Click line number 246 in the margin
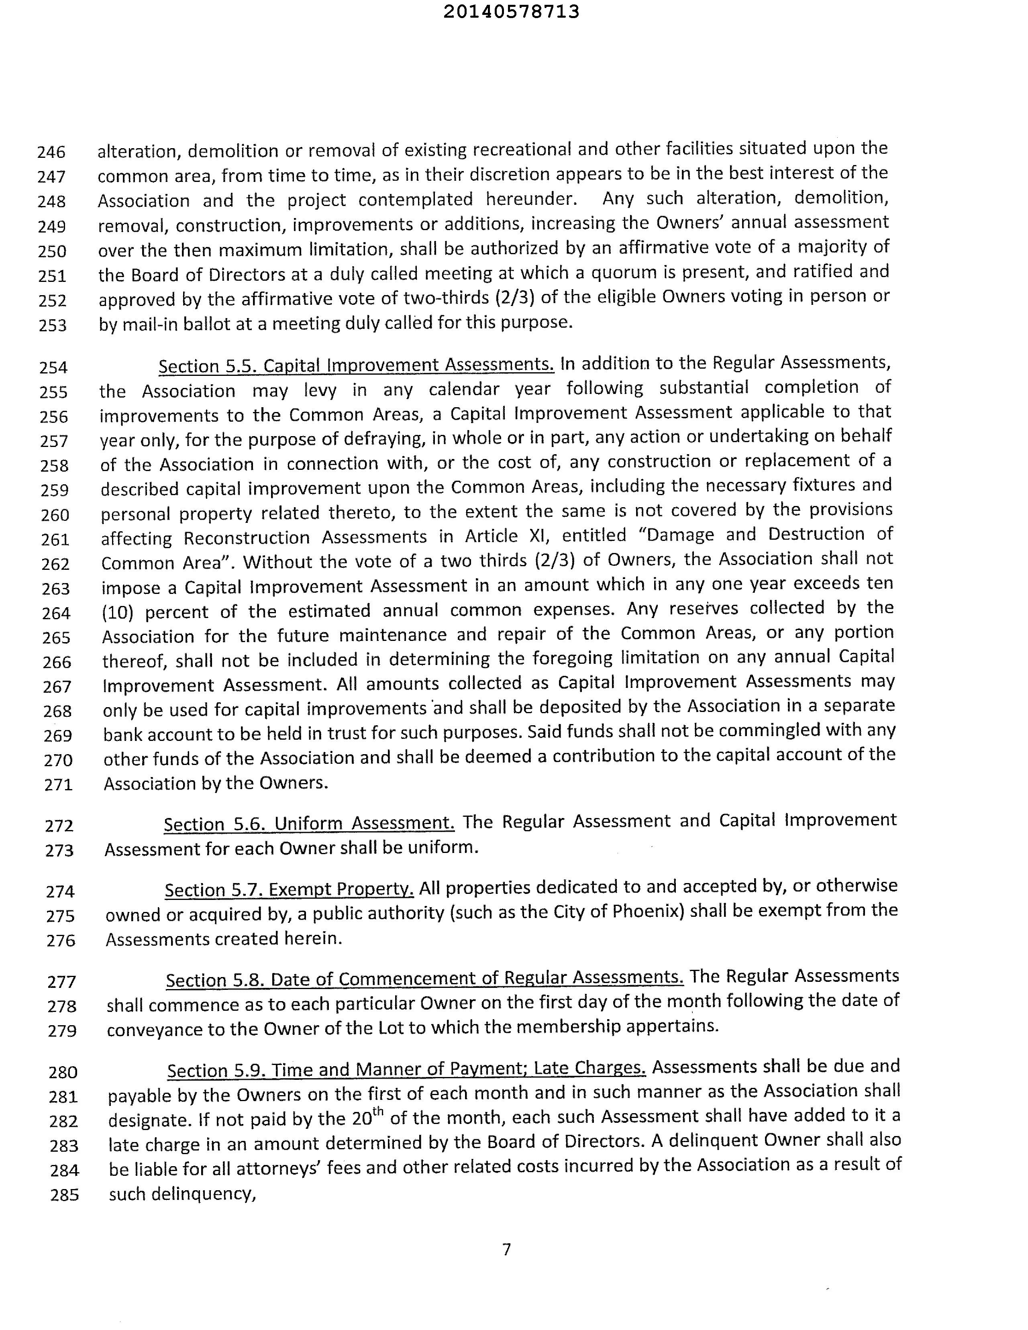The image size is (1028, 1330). tap(52, 152)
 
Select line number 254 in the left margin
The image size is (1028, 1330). tap(53, 367)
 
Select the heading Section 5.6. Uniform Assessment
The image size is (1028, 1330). tap(309, 823)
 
